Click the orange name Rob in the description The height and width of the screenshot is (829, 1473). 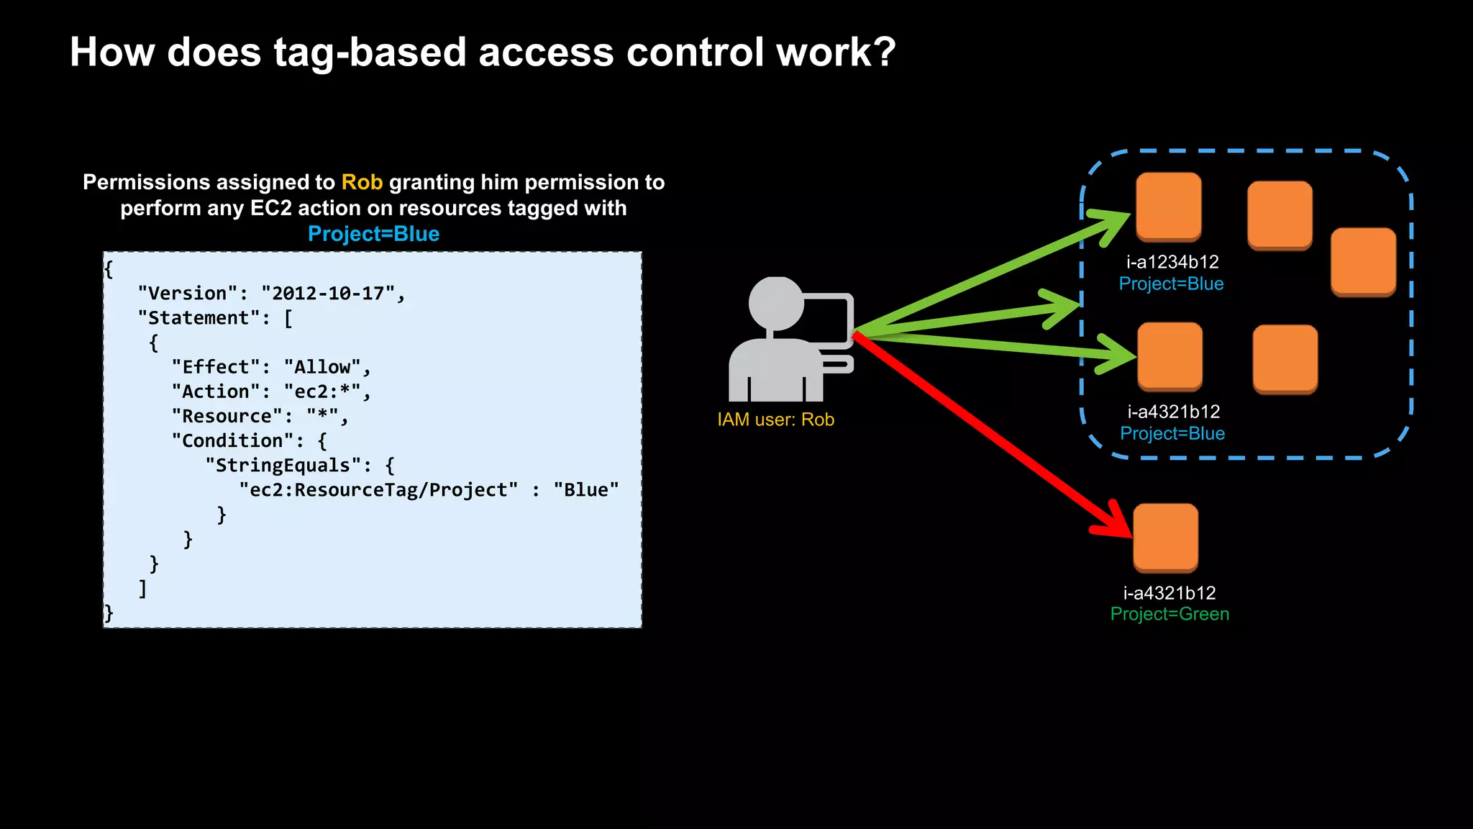(362, 182)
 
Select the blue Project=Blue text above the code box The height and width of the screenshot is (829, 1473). (373, 234)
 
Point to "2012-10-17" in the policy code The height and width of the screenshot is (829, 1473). (328, 294)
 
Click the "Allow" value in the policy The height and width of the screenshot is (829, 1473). (321, 367)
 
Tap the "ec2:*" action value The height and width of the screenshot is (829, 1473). (321, 391)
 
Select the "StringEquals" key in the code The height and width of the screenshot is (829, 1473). (283, 466)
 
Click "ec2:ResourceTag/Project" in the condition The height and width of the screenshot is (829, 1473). (378, 490)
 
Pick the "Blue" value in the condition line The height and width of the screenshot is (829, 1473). (585, 490)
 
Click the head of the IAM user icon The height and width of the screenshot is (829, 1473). (775, 303)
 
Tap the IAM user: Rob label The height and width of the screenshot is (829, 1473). (775, 420)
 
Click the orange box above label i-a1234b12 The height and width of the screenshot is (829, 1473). (1168, 207)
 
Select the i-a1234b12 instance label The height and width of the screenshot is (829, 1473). (1172, 262)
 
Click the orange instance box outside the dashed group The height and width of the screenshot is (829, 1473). (1165, 538)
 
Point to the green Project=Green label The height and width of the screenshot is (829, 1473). (1169, 614)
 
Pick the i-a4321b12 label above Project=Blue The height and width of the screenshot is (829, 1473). (1173, 412)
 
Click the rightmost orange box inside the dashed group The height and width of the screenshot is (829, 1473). (1363, 261)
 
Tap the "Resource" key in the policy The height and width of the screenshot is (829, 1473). (227, 417)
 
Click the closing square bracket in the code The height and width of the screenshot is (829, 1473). (142, 588)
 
